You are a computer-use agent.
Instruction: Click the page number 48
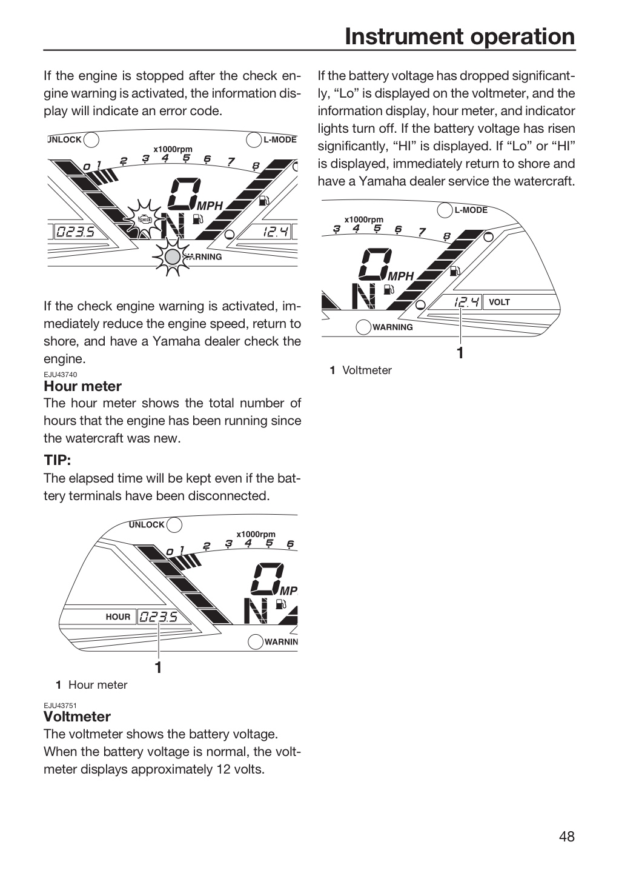coord(567,837)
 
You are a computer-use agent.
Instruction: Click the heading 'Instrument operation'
coord(460,36)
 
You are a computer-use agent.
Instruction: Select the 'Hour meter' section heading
coord(82,386)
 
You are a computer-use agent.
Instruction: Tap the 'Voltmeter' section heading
coord(77,717)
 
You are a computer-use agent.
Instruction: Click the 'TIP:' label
coord(57,460)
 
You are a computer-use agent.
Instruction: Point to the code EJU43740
coord(61,375)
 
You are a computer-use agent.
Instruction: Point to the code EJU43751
coord(61,706)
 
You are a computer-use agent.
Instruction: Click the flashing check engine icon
coord(144,220)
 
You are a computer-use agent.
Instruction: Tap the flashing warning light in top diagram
coord(173,257)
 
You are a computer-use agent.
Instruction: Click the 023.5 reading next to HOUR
coord(159,617)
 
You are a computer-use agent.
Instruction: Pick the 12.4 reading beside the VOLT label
coord(466,302)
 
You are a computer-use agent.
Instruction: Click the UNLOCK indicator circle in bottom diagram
coord(174,525)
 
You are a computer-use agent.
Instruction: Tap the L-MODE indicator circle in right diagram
coord(445,210)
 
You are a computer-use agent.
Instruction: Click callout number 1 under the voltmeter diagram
coord(460,353)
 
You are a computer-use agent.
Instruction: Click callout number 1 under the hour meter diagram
coord(159,667)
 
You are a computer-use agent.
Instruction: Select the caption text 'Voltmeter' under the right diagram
coord(366,370)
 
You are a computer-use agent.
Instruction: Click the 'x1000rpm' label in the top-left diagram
coord(173,149)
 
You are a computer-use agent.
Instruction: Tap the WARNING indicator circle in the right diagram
coord(363,327)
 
